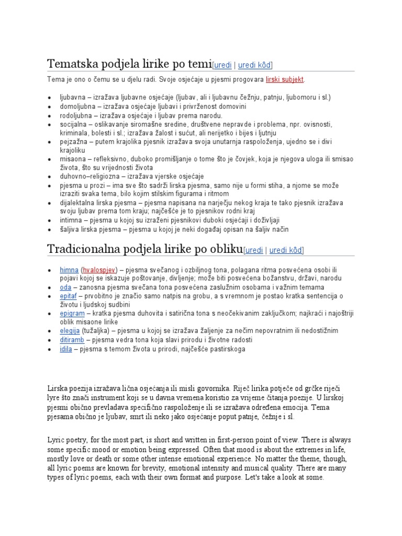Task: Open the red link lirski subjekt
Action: tap(285, 80)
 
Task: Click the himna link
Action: tap(69, 270)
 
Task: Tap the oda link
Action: tap(65, 287)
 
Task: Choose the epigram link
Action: tap(72, 313)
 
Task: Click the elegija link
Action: tap(70, 330)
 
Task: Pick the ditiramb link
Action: tap(72, 339)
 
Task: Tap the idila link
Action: tap(66, 348)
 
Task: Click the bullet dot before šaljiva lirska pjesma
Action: tap(49, 230)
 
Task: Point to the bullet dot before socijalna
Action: tap(49, 125)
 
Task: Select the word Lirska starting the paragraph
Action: tap(58, 389)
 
